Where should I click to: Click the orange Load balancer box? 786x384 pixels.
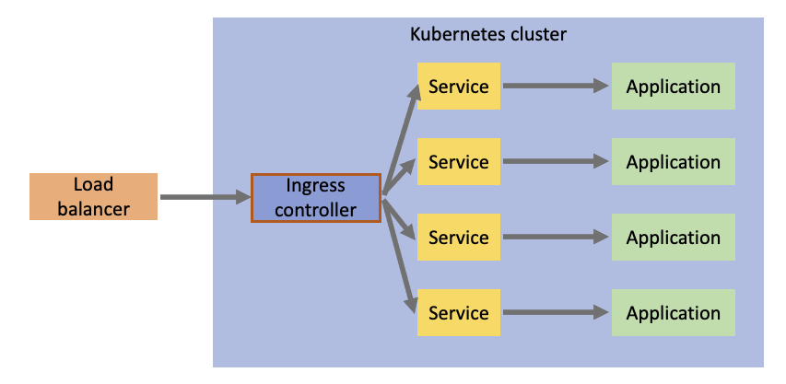[93, 196]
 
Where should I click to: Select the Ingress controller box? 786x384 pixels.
[316, 197]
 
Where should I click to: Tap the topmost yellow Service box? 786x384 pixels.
[458, 87]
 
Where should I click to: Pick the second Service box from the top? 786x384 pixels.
[458, 162]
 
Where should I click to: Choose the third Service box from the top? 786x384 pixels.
[458, 238]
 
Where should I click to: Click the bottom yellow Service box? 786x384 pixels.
[458, 313]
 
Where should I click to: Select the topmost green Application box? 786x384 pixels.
[673, 87]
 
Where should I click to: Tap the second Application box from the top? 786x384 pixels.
[673, 162]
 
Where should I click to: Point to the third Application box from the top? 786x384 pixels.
[673, 238]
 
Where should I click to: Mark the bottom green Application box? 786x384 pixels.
[673, 313]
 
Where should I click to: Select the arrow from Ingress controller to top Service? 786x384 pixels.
[397, 138]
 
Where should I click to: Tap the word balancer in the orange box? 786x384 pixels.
[93, 209]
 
